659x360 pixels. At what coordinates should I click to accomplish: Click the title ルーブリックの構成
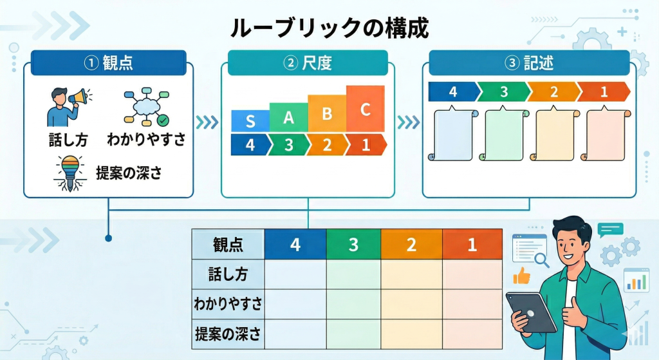coord(329,28)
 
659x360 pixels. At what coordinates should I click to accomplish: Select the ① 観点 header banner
coord(108,63)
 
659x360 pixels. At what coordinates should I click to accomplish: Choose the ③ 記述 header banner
coord(530,63)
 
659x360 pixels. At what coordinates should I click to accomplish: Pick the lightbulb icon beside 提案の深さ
coord(69,172)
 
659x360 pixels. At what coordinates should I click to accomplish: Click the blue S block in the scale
coord(250,120)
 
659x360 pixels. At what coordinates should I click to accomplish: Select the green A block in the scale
coord(288,117)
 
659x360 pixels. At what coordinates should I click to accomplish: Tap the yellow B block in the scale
coord(327,113)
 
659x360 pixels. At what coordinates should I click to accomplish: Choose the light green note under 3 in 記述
coord(505,134)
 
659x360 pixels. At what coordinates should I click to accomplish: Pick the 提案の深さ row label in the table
coord(228,334)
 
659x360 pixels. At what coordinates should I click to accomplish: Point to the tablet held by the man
coord(532,311)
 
